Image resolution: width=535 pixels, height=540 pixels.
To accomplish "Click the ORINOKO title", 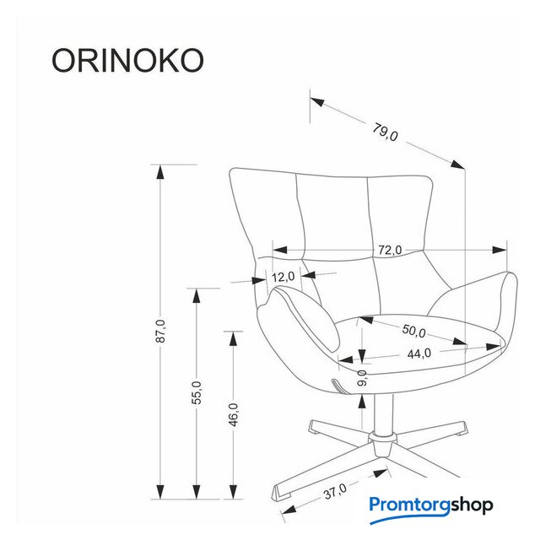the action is point(127,60).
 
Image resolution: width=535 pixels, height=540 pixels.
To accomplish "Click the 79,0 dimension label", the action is point(385,132).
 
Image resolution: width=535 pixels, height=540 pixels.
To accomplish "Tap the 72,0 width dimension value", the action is point(390,250).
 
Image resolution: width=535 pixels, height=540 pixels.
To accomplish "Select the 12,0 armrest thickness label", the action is point(283,277).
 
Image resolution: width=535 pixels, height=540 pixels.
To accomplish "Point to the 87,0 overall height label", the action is point(160,331).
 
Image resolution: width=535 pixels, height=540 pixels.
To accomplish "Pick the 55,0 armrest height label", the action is point(197,392).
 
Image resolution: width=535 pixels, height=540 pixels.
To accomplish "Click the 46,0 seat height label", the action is point(234,414).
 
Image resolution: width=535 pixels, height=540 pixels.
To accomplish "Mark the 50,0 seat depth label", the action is point(414,331).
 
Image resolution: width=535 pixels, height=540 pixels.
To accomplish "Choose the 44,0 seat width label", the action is point(419,354).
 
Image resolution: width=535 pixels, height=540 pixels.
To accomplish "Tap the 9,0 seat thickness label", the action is point(362,378).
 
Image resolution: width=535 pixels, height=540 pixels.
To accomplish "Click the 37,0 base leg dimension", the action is point(335,491).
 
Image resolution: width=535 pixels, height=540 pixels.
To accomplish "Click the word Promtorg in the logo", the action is point(409,505).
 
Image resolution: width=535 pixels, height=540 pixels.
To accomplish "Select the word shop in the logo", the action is point(472,506).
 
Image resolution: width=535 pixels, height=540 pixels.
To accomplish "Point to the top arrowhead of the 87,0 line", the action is point(160,172).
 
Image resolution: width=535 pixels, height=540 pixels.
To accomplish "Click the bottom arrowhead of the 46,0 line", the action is point(233,492).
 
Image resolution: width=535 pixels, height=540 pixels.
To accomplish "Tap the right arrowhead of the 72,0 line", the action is point(500,250).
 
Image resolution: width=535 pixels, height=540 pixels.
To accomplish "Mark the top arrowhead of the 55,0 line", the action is point(197,295).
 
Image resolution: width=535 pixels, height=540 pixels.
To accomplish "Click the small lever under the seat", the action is point(338,386).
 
